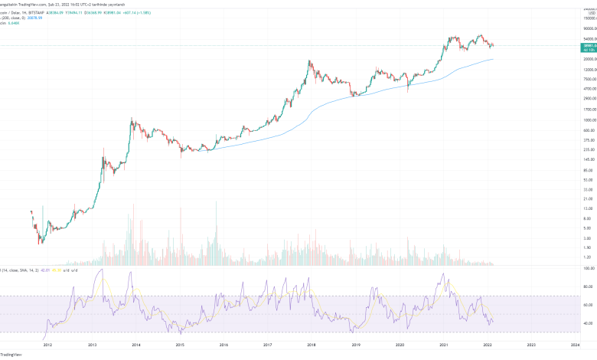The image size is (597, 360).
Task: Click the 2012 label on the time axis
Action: click(49, 345)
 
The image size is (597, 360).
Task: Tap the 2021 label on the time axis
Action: click(444, 345)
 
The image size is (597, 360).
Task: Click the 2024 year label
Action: click(575, 345)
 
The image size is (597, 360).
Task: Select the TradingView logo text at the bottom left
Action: click(10, 355)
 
